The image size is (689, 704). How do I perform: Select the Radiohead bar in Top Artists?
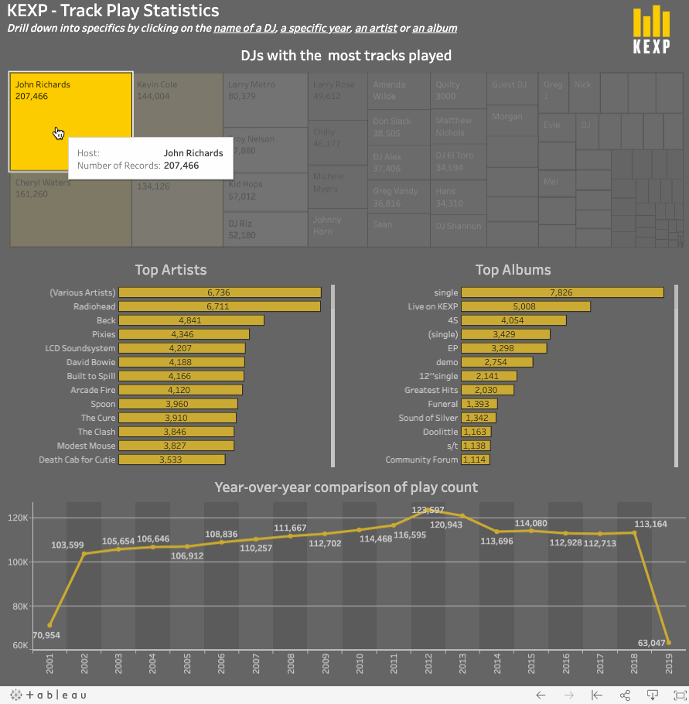[x=220, y=306]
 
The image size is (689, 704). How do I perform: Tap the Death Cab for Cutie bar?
[x=172, y=460]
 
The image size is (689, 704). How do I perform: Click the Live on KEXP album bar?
[x=526, y=306]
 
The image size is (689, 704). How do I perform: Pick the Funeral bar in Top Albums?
[x=479, y=404]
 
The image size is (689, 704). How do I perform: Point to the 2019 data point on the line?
[x=668, y=642]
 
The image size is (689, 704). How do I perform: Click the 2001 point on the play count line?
[x=49, y=625]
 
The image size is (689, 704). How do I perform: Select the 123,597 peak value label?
[x=428, y=510]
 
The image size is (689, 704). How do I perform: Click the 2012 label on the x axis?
[x=428, y=663]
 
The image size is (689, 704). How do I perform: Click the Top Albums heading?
[x=513, y=270]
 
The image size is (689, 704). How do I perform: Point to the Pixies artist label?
[x=104, y=334]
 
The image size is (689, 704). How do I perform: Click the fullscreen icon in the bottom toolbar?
[x=674, y=695]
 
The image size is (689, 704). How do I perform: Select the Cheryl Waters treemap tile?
[x=70, y=209]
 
